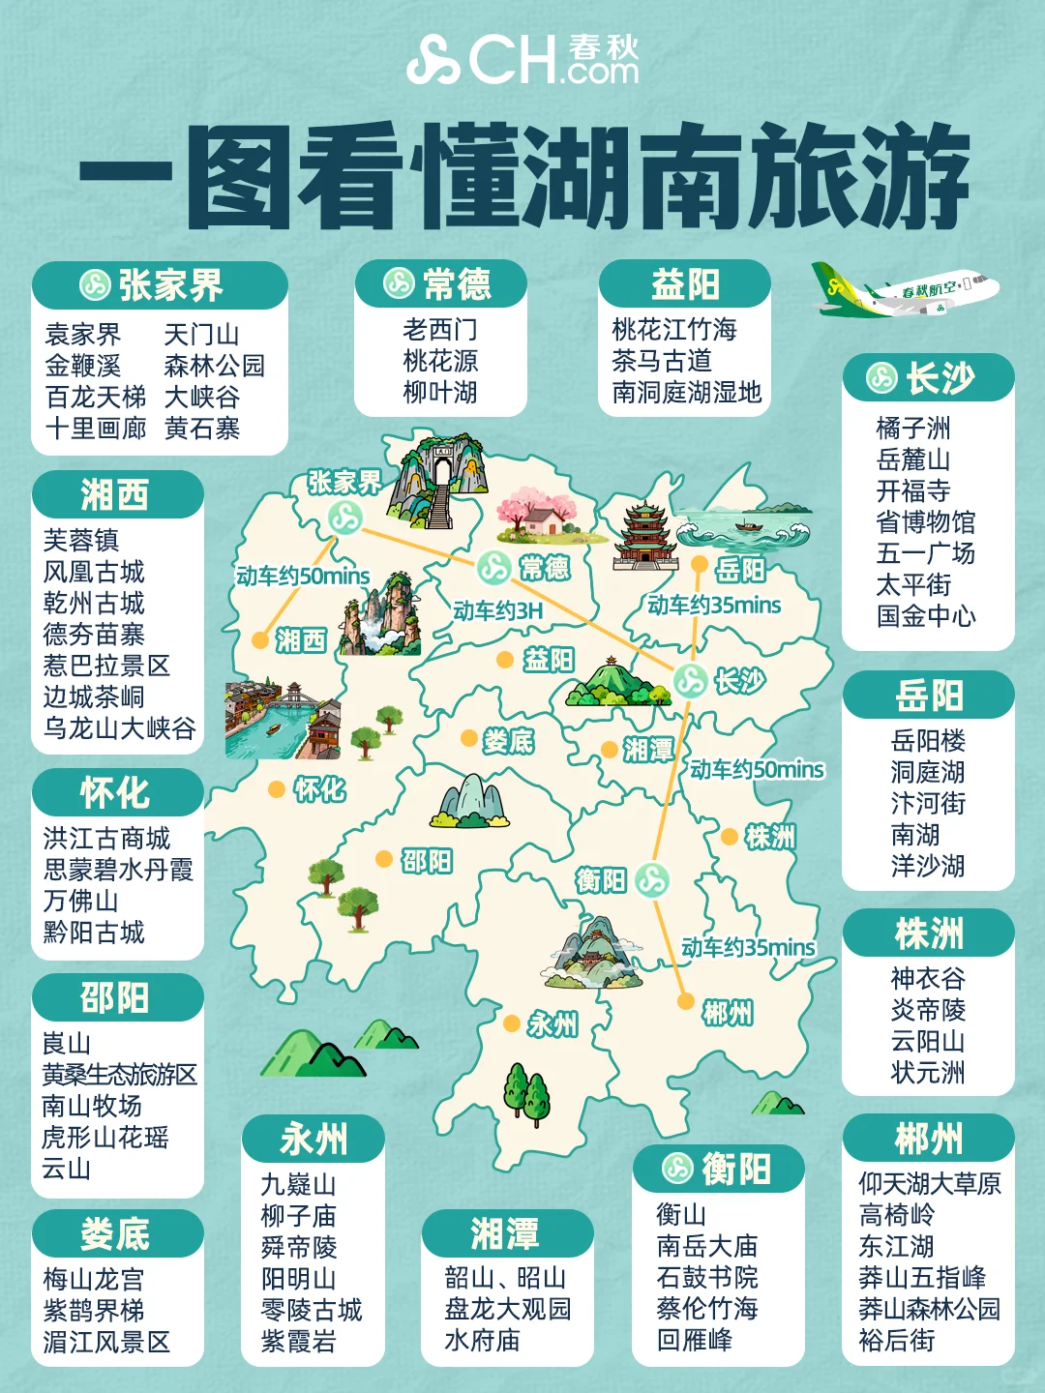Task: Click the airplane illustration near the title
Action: (x=905, y=290)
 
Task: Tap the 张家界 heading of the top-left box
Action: (x=170, y=285)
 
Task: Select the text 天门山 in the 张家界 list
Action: (x=201, y=335)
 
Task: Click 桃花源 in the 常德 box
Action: (x=440, y=361)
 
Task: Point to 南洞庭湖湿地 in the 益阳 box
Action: (x=686, y=392)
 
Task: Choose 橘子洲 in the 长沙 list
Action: (x=912, y=428)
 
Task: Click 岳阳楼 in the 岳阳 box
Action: (x=928, y=741)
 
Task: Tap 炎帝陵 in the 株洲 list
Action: (x=928, y=1010)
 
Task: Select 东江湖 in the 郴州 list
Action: (x=896, y=1246)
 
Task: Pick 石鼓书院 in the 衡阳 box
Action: (x=706, y=1277)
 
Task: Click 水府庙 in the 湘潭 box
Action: (x=482, y=1340)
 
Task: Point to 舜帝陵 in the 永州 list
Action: (x=298, y=1247)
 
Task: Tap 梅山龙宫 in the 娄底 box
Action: (x=93, y=1280)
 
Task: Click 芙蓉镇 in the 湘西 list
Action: (x=80, y=540)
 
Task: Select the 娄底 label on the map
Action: (x=508, y=742)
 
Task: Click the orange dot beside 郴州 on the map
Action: (x=685, y=1001)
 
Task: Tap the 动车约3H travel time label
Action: (x=497, y=611)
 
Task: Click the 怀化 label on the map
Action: (x=319, y=790)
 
